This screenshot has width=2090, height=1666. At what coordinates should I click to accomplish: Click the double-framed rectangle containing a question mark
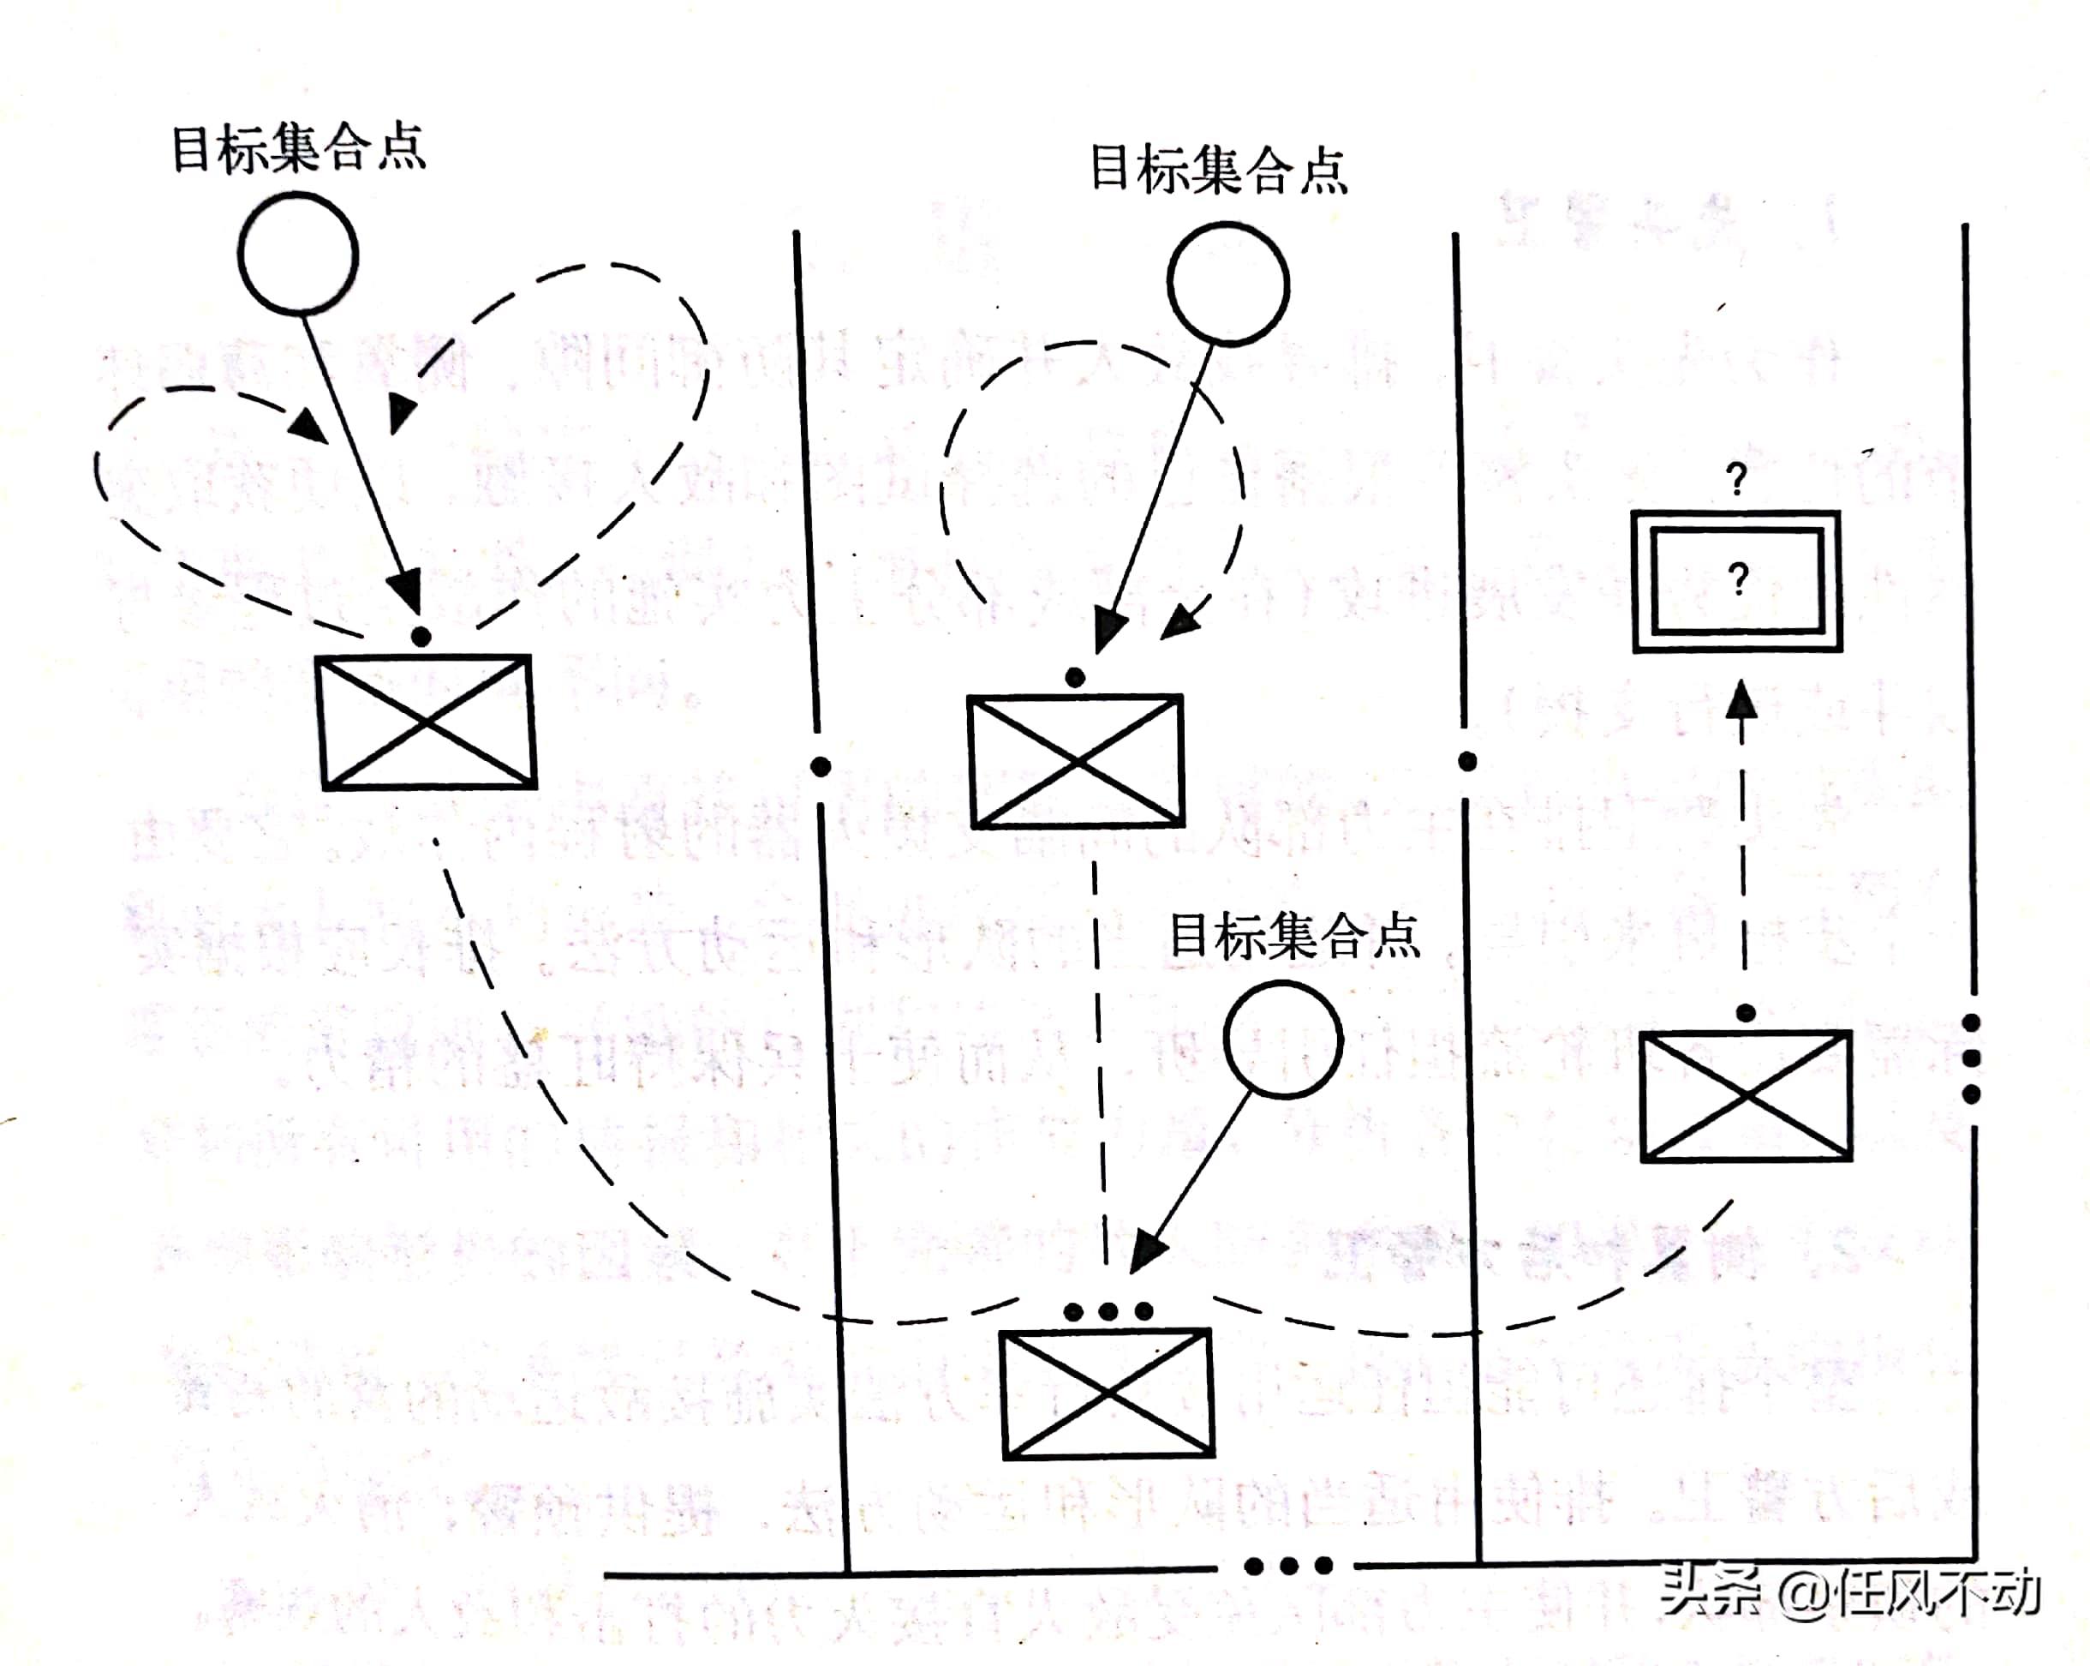point(1736,582)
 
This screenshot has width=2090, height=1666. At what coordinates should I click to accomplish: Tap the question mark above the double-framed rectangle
point(1736,479)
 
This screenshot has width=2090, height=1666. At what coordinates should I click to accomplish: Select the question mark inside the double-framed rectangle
point(1738,579)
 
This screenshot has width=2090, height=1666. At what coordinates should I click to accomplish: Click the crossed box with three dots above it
point(1107,1394)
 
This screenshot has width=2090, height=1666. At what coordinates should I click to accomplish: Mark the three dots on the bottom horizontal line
point(1288,1565)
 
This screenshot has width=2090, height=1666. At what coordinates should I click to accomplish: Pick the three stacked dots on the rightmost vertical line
point(1971,1058)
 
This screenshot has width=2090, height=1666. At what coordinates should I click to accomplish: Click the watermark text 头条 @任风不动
point(1849,1592)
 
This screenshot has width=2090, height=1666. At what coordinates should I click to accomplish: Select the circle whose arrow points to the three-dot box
point(1282,1040)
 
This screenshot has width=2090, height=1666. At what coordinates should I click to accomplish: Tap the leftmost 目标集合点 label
point(299,148)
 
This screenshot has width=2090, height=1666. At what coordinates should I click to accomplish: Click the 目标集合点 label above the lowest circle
point(1295,936)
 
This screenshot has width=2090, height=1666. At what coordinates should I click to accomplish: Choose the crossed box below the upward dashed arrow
point(1746,1096)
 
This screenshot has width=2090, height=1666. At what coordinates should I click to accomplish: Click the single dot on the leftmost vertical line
point(820,767)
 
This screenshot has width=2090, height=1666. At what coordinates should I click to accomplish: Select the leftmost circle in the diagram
point(299,253)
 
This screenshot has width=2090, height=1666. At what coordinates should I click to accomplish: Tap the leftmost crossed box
point(427,722)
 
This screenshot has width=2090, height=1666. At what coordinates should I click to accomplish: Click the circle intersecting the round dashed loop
point(1228,283)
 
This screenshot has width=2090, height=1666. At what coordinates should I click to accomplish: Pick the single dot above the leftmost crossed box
point(421,637)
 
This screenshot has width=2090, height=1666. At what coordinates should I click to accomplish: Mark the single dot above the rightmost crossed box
point(1746,1013)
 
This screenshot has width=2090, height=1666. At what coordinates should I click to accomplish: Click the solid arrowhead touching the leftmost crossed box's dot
point(406,589)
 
